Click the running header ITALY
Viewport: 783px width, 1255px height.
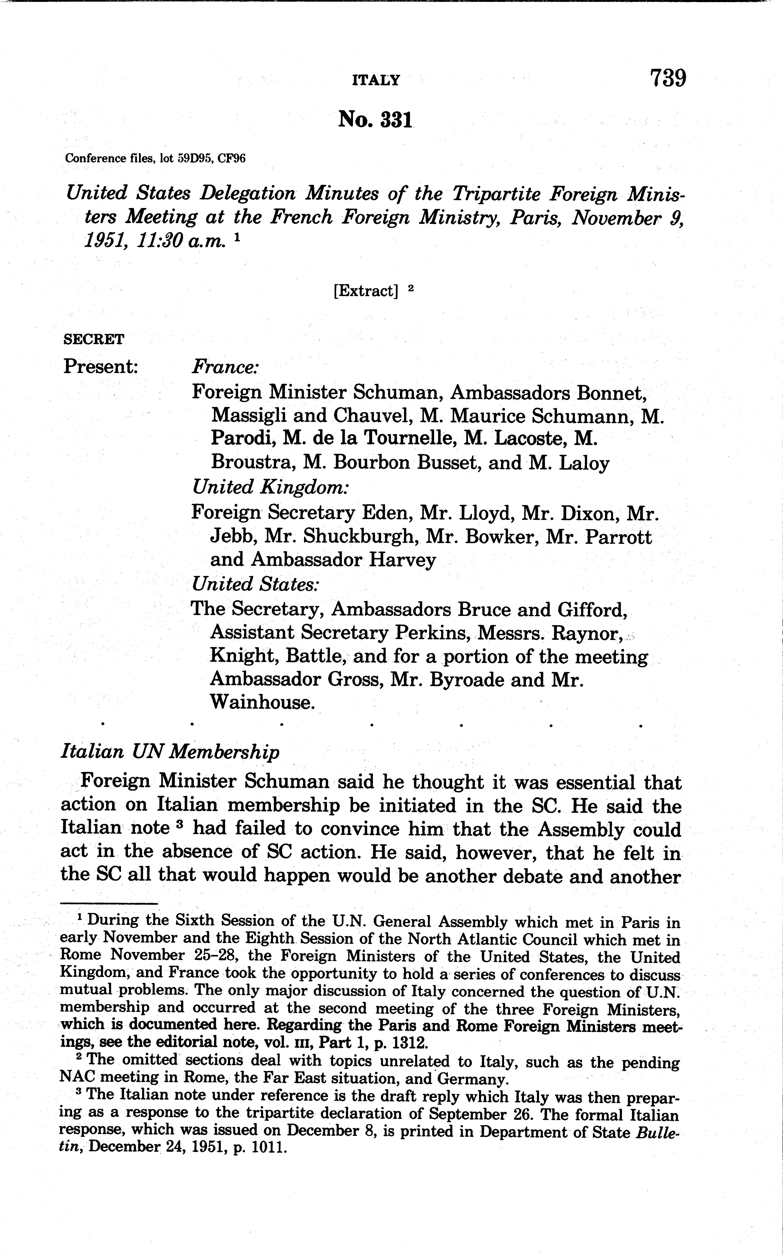pos(376,80)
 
